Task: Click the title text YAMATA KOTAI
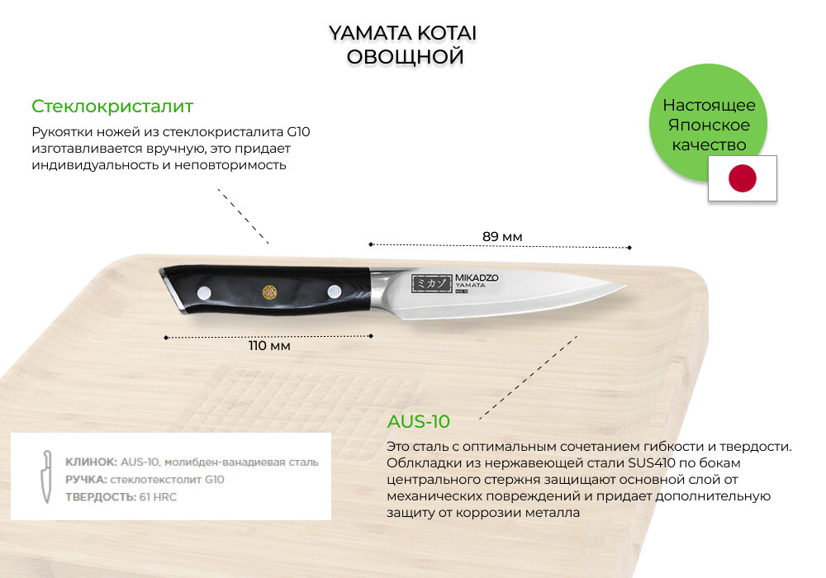click(403, 33)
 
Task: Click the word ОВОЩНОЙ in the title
click(404, 57)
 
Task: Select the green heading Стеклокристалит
click(112, 107)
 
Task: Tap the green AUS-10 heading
click(419, 422)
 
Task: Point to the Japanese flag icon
click(743, 178)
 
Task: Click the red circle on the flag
click(743, 178)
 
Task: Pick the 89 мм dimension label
click(502, 237)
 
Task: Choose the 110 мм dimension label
click(269, 346)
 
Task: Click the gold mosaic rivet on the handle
click(268, 291)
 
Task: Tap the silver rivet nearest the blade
click(335, 291)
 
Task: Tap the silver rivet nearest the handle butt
click(203, 289)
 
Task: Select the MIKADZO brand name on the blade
click(477, 278)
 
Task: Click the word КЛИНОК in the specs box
click(92, 462)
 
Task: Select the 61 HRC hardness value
click(159, 496)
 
